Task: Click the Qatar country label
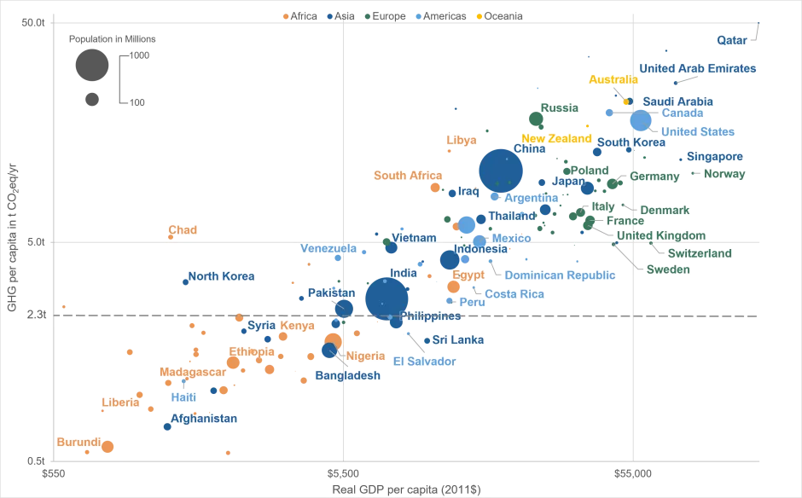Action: [x=732, y=40]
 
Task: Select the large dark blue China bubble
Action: [x=501, y=171]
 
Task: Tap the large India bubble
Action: [x=386, y=298]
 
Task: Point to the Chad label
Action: [x=183, y=230]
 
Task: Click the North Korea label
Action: [x=221, y=276]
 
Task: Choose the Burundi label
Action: [x=78, y=443]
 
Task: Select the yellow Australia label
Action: [x=613, y=80]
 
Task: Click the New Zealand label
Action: [x=556, y=138]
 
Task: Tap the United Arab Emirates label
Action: [x=697, y=68]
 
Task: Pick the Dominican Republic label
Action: [x=560, y=275]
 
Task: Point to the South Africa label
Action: [x=408, y=176]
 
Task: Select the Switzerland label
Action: [x=700, y=253]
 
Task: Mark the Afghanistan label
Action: [x=204, y=419]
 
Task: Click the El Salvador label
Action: [x=424, y=362]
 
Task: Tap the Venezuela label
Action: [x=328, y=249]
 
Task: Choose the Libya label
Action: [x=461, y=140]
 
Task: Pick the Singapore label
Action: [x=715, y=157]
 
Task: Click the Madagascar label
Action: [x=193, y=373]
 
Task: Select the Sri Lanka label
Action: [x=458, y=340]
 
